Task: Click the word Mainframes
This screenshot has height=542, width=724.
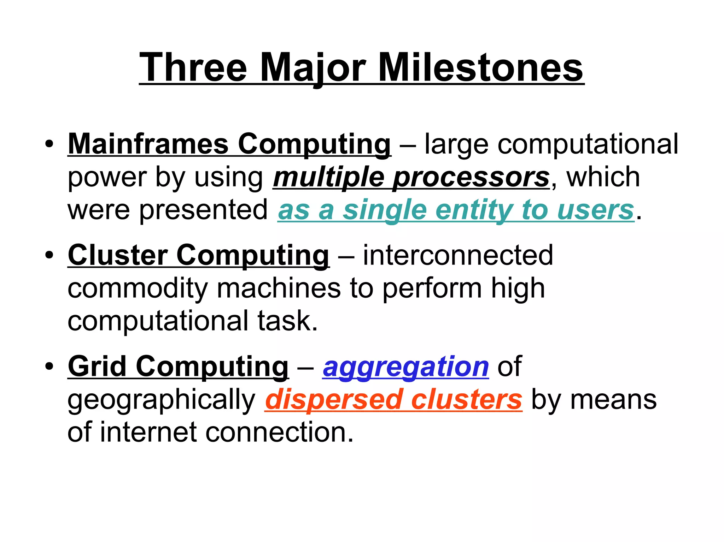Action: (148, 144)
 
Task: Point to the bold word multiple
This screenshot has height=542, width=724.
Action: (328, 177)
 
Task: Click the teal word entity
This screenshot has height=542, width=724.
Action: (474, 210)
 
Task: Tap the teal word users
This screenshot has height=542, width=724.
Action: (596, 210)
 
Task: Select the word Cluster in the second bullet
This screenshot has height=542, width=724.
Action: (118, 255)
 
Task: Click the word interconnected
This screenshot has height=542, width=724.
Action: (458, 255)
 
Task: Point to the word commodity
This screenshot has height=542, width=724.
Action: (138, 288)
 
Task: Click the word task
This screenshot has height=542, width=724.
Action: (287, 321)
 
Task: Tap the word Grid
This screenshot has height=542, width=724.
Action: (97, 366)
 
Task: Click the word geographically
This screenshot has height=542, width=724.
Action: (161, 400)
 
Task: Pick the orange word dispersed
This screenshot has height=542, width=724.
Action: (334, 400)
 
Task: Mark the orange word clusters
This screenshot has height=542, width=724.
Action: (467, 400)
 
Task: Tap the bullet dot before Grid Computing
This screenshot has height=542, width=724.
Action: (49, 366)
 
